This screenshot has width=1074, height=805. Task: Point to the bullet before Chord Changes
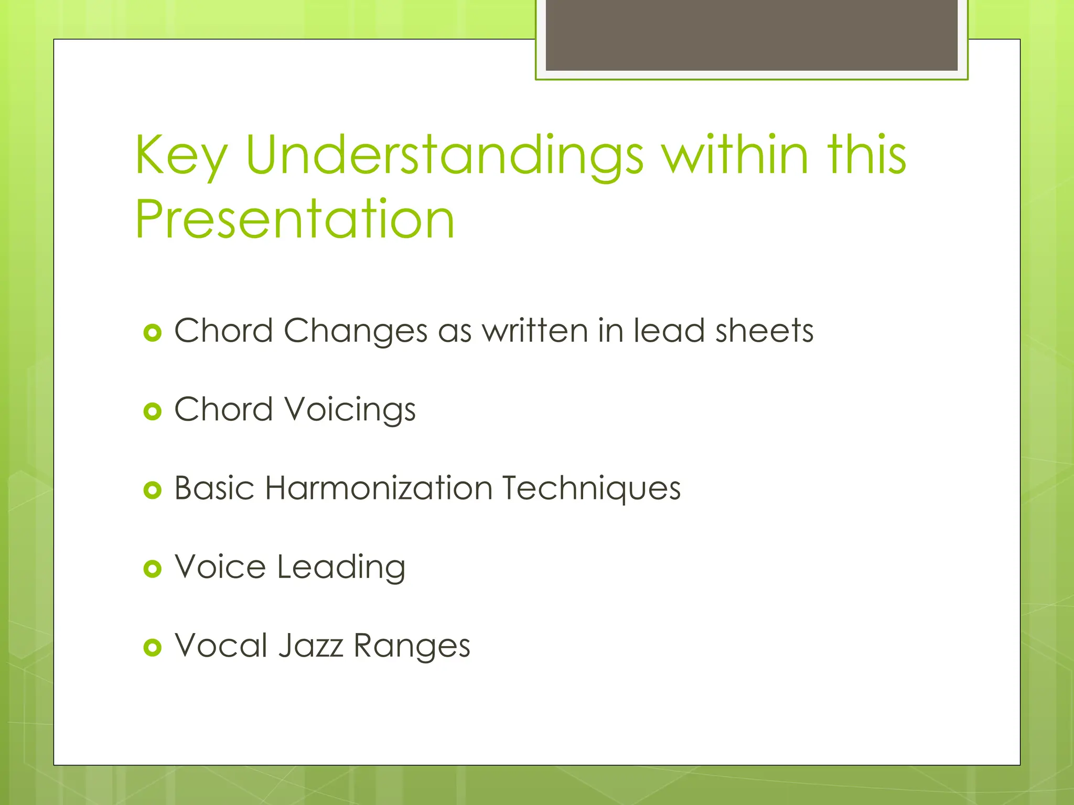152,333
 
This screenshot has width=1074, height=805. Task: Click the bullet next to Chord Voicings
152,411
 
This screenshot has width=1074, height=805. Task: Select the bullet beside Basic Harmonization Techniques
152,490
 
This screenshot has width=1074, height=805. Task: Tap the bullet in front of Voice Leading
152,569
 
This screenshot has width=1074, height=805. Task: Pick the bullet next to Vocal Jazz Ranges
152,648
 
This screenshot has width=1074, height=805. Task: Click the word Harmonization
378,488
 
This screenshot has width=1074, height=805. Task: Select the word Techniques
591,489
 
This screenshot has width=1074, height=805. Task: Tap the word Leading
341,568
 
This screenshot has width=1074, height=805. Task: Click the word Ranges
412,646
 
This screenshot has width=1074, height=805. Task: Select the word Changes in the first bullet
355,332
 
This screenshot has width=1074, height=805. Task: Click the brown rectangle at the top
751,35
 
